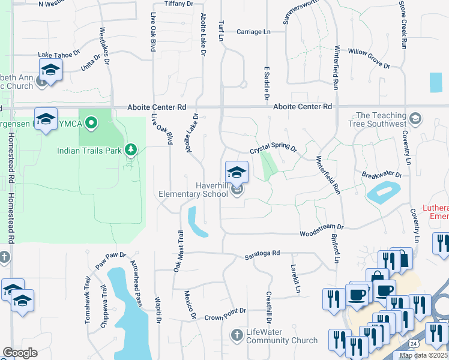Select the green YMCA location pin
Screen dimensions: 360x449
91,124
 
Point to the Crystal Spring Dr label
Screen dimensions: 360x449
274,149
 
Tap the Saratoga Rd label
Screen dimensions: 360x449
262,254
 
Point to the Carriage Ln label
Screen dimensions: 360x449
253,31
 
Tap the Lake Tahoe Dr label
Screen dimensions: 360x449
59,54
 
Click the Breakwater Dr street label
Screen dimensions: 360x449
382,175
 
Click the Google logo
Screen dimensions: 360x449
20,353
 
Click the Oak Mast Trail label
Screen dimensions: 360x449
178,251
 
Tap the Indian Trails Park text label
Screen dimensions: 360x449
89,150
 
